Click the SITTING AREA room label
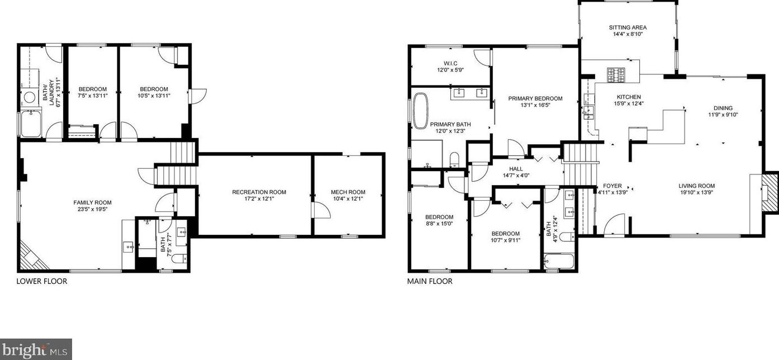(628, 27)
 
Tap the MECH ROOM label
(348, 192)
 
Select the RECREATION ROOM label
(259, 192)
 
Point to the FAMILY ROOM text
(92, 202)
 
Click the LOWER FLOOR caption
(42, 281)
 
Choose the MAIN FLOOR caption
(430, 281)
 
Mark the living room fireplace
(769, 192)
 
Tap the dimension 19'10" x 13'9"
(697, 193)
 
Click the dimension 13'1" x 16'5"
(535, 105)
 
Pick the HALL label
(516, 168)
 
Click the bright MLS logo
(36, 350)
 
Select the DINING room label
(723, 108)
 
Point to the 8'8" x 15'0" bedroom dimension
(439, 224)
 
